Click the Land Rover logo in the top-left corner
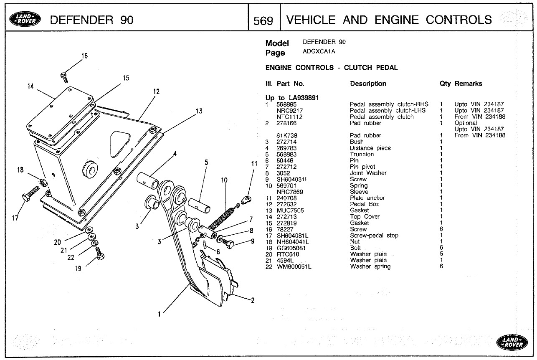tap(26, 19)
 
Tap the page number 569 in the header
tap(263, 20)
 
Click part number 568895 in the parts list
tap(288, 104)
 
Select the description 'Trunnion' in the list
tap(362, 154)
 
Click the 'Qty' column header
tap(445, 84)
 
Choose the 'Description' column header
tap(368, 84)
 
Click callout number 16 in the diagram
tap(84, 56)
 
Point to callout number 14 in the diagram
tap(30, 86)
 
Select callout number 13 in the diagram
tap(199, 111)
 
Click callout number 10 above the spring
tap(224, 180)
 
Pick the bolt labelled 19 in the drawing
tap(100, 254)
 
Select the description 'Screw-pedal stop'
tap(374, 236)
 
